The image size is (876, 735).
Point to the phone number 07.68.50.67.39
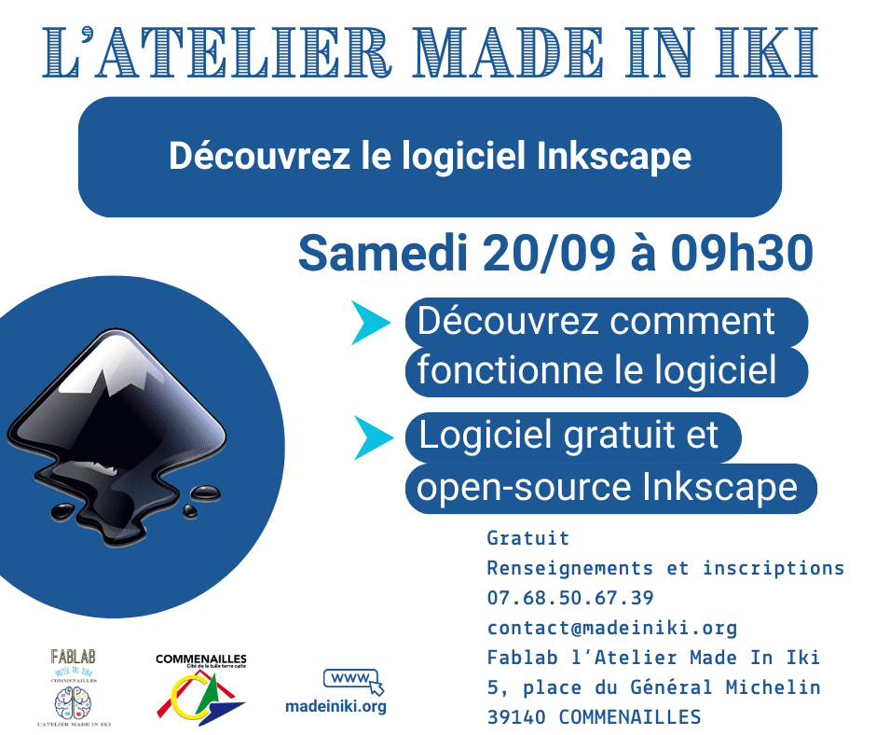point(569,597)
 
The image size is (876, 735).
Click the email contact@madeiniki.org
point(611,628)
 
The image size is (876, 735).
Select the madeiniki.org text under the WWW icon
point(335,706)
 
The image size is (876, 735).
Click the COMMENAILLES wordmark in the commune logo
point(200,659)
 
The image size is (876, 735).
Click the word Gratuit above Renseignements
point(527,538)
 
